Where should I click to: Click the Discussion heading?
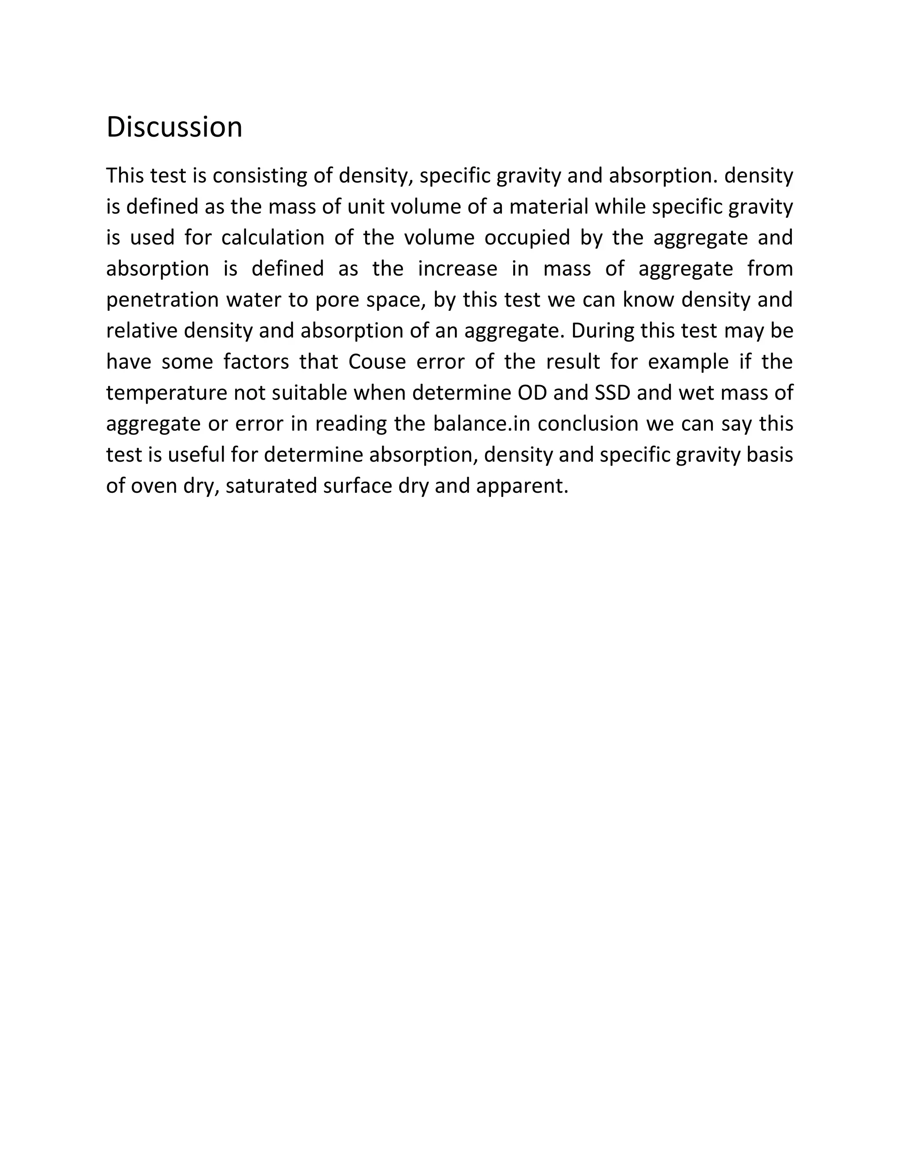click(174, 127)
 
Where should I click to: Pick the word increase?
click(457, 268)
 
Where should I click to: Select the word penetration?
click(163, 300)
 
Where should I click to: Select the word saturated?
click(272, 486)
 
